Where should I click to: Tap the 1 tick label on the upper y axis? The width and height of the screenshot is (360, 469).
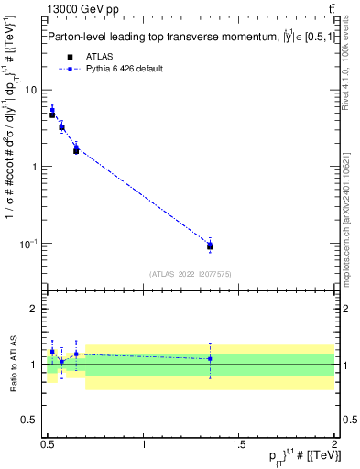coord(36,167)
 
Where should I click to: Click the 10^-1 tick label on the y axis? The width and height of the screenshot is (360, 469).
coord(30,243)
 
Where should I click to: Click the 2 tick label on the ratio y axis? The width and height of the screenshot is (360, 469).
coord(36,310)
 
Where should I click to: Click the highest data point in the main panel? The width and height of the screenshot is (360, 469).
coord(52,115)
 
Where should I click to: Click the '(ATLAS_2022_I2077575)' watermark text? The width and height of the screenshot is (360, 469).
coord(190,274)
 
